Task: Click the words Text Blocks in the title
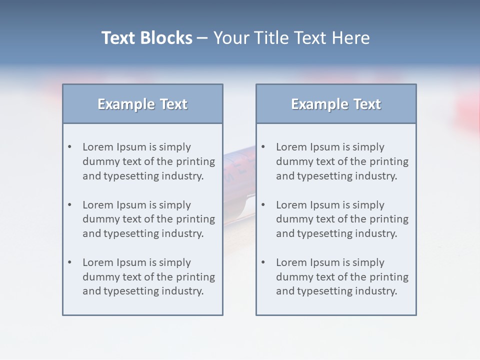point(146,38)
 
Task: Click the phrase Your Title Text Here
point(291,38)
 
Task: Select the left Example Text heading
point(142,104)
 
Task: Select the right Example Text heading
point(336,104)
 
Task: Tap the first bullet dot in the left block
point(70,147)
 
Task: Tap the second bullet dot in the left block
point(70,205)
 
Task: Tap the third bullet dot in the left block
point(70,262)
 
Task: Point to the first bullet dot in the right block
point(263,147)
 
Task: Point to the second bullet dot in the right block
point(263,205)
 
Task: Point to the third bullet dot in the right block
point(263,262)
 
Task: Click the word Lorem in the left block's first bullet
point(98,147)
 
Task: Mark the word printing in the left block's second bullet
point(196,219)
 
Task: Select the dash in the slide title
point(202,38)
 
